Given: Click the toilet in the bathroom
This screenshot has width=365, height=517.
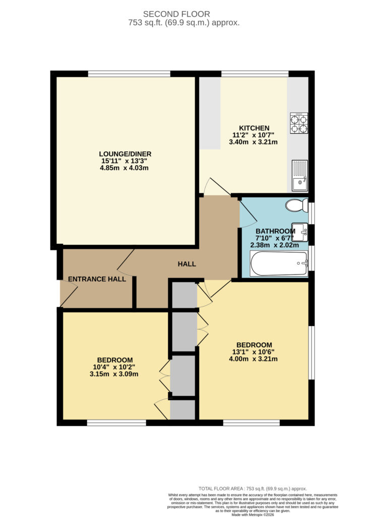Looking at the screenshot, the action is point(296,205).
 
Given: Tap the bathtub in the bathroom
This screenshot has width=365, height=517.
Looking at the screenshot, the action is point(279,264).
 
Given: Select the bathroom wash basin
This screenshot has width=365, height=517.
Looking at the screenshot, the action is point(299,232).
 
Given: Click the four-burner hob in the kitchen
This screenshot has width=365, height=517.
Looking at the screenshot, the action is point(299,123).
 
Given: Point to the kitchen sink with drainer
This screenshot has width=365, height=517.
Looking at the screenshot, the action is point(299,176).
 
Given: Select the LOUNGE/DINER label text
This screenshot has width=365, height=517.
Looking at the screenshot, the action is point(125,154).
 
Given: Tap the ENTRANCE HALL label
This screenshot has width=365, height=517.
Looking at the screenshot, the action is point(97,279).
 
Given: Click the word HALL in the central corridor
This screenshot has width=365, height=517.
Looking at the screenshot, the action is point(187,264).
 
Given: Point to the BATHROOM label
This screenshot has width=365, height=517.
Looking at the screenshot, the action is point(275,231).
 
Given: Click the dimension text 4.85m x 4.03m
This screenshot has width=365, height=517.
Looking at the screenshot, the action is point(124,168).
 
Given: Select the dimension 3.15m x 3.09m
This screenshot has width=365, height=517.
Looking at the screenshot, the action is point(114,374).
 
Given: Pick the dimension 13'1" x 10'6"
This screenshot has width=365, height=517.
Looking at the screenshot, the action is point(253,352).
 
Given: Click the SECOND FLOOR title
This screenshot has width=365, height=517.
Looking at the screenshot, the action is point(176,14).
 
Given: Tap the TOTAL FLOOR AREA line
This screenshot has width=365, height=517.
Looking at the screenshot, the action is point(253,489).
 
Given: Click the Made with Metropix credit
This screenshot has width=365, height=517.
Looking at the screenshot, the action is point(253,514).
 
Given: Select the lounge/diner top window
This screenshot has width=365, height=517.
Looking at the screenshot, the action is point(129,74).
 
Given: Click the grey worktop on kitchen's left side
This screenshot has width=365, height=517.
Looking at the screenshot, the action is point(210,113).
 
